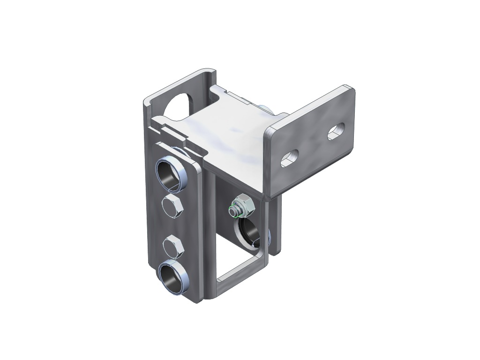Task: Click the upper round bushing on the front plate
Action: point(171,174)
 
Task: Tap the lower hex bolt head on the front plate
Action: point(172,247)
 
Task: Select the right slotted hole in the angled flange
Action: point(336,131)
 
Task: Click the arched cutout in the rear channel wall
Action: point(180,104)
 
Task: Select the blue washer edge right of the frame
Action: point(269,237)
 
